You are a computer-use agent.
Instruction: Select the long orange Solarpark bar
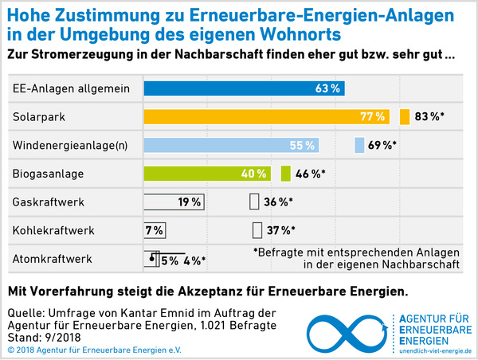point(267,117)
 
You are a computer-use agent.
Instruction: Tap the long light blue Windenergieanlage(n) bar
point(231,146)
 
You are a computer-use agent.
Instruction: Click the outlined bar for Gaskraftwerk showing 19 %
point(172,202)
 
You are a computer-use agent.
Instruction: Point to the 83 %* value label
point(429,117)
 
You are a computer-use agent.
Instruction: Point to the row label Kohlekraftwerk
point(53,231)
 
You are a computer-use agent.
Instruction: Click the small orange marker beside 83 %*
point(405,117)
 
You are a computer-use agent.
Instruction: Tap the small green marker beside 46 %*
point(286,174)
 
